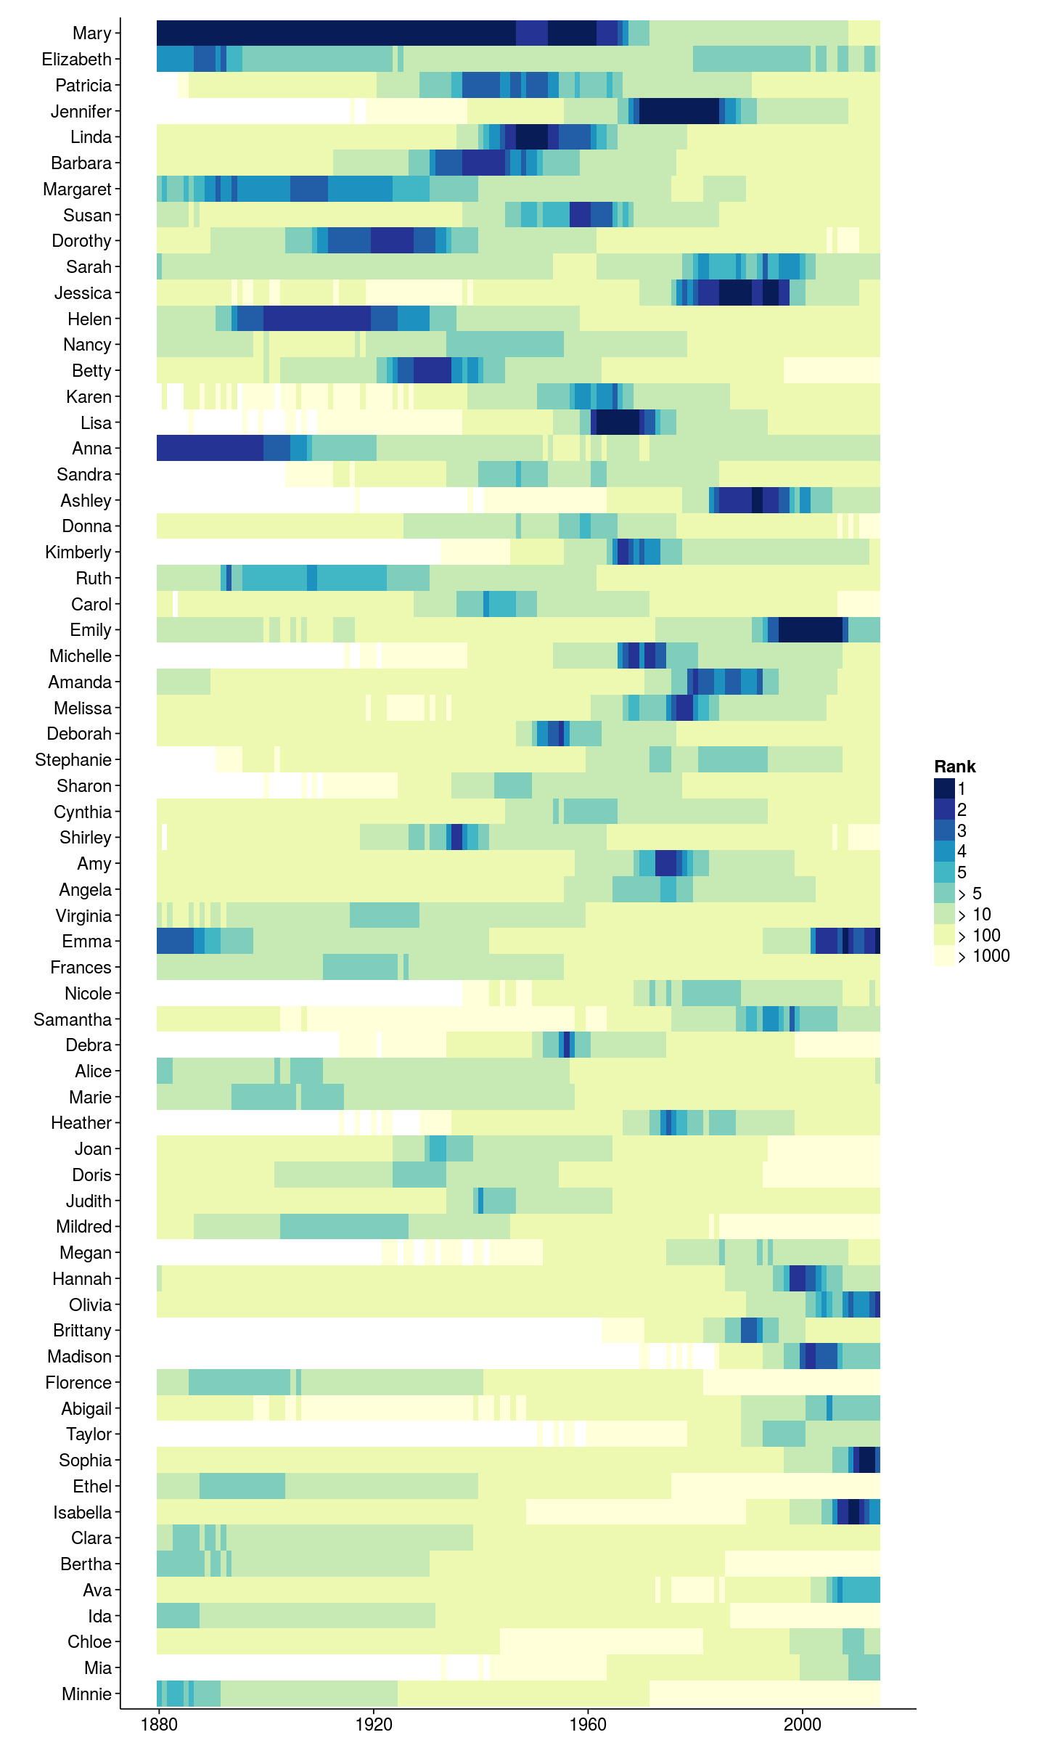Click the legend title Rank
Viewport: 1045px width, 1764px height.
954,767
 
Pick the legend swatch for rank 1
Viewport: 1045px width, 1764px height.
944,788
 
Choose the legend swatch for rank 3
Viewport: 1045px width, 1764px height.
944,830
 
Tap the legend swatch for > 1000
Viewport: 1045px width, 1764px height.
944,956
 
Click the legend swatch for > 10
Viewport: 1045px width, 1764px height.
944,914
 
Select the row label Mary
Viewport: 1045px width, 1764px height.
91,33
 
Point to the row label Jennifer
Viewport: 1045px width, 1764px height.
81,112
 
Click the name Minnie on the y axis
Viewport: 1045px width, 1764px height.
86,1694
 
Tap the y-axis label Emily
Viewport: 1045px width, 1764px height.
90,630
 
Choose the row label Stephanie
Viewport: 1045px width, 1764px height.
73,760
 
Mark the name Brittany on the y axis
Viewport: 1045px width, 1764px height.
82,1331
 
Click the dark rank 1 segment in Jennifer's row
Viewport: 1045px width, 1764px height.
679,111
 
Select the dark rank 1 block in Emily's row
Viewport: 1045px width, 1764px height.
810,630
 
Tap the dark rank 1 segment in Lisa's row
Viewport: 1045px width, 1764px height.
618,422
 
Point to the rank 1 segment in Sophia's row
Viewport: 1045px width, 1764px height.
866,1461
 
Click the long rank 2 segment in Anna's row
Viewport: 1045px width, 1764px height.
210,449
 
